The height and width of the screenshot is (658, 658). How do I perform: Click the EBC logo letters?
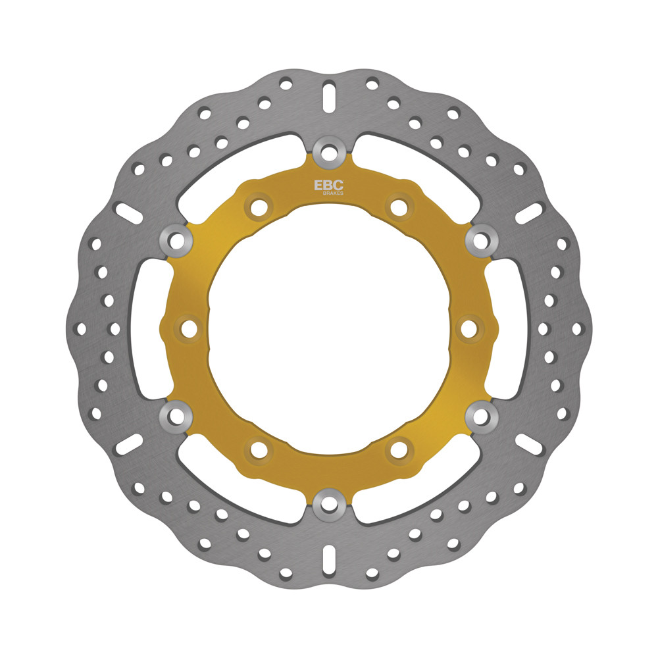[x=329, y=185]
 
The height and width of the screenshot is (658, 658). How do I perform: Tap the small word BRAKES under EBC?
[x=333, y=193]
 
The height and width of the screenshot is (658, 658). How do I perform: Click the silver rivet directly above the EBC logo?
[x=329, y=151]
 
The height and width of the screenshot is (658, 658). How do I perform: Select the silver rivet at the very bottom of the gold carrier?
[x=329, y=505]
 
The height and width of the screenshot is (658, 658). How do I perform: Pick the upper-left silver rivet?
[x=176, y=241]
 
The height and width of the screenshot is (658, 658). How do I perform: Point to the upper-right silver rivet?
[x=482, y=241]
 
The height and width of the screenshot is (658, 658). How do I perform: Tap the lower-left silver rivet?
[x=176, y=416]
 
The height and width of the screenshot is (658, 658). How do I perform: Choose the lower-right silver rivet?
[x=482, y=416]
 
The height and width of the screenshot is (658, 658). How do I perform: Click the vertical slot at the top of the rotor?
[x=329, y=98]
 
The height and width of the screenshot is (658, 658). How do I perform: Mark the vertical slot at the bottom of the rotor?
[x=329, y=559]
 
